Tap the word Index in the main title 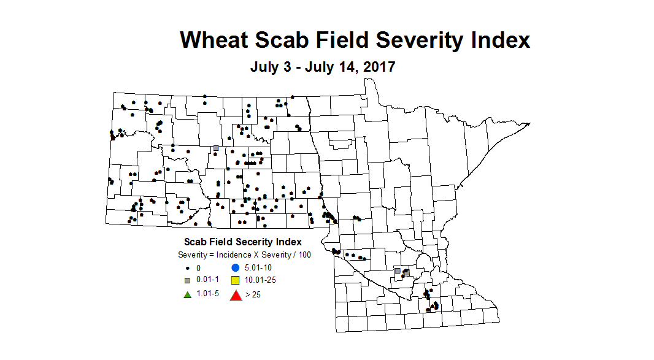pyautogui.click(x=496, y=40)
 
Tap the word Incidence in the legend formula pyautogui.click(x=231, y=255)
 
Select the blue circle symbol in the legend pyautogui.click(x=235, y=267)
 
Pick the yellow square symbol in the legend pyautogui.click(x=235, y=280)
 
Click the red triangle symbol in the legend pyautogui.click(x=235, y=295)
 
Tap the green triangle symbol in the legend pyautogui.click(x=187, y=294)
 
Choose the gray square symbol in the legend pyautogui.click(x=187, y=280)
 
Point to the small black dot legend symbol pyautogui.click(x=187, y=268)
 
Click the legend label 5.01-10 pyautogui.click(x=258, y=268)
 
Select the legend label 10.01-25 pyautogui.click(x=261, y=280)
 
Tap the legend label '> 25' pyautogui.click(x=252, y=294)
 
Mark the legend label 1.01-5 pyautogui.click(x=207, y=294)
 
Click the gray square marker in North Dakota pyautogui.click(x=216, y=148)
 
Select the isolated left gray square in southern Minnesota pyautogui.click(x=397, y=270)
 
